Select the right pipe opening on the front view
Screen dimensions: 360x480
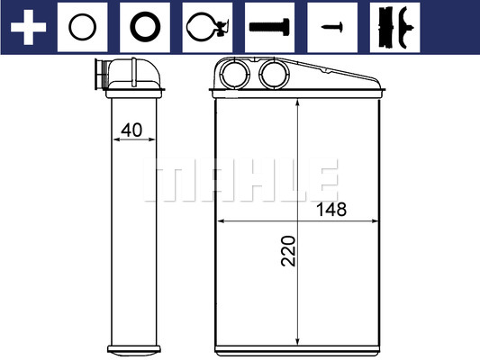click(x=271, y=74)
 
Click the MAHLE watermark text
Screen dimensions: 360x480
click(x=240, y=180)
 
